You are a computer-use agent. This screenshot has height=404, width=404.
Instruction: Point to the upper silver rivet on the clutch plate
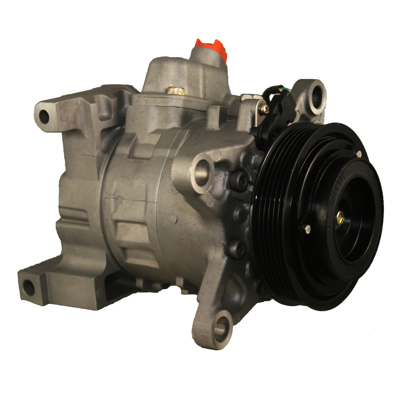coord(358,154)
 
